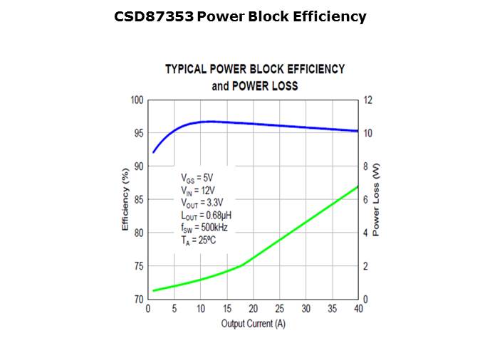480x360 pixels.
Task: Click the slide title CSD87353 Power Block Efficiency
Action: (x=240, y=16)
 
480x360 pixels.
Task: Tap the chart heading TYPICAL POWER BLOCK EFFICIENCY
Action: (x=254, y=69)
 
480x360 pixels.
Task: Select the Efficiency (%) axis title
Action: (x=125, y=199)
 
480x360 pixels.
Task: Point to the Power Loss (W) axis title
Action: (x=377, y=200)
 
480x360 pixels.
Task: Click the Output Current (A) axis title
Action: (x=253, y=324)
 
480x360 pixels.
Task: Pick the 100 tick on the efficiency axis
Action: (x=137, y=100)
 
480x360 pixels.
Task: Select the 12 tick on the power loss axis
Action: (x=368, y=100)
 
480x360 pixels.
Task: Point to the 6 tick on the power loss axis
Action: (x=366, y=200)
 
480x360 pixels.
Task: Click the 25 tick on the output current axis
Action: (x=279, y=309)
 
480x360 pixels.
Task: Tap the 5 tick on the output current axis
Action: (x=174, y=309)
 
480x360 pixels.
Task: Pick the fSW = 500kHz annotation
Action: (x=204, y=228)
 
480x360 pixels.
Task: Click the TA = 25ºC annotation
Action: (x=199, y=240)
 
